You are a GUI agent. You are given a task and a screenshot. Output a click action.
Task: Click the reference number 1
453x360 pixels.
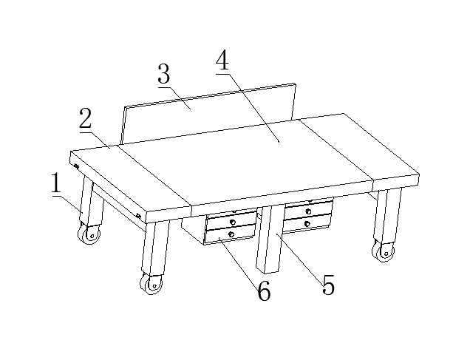(x=57, y=183)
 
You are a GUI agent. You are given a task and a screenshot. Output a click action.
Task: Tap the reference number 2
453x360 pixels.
(x=86, y=118)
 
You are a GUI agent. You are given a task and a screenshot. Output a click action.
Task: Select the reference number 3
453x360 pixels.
(x=164, y=74)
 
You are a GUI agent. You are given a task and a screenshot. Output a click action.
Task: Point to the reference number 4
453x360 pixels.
(x=222, y=60)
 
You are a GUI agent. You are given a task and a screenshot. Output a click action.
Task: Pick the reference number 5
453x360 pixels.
(x=329, y=285)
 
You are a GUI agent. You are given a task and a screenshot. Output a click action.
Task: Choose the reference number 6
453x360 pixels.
(x=264, y=291)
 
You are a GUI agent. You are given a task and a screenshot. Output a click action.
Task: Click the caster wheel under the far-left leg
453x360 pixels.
(x=89, y=234)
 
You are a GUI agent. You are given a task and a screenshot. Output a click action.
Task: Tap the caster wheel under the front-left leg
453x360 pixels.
(x=151, y=285)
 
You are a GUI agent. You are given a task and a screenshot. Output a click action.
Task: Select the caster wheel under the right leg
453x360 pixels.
(x=384, y=251)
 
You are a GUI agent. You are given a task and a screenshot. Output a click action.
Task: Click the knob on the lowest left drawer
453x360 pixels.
(x=231, y=234)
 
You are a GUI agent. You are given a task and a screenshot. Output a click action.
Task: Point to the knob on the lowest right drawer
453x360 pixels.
(x=307, y=224)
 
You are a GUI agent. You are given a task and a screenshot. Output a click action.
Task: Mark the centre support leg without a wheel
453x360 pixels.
(x=270, y=240)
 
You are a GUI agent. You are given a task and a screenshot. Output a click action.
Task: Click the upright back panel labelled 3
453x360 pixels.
(x=208, y=114)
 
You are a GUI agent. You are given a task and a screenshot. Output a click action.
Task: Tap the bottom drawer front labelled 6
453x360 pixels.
(x=230, y=234)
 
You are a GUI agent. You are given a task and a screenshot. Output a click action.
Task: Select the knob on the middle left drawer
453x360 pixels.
(x=232, y=223)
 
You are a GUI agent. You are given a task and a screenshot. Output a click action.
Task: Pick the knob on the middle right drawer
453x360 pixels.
(x=309, y=211)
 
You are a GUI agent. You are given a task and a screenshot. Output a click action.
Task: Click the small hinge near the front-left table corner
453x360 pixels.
(x=138, y=216)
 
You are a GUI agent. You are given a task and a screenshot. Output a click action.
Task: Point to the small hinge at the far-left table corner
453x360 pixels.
(x=76, y=166)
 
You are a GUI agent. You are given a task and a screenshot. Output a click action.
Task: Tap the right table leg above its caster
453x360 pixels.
(x=388, y=216)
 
